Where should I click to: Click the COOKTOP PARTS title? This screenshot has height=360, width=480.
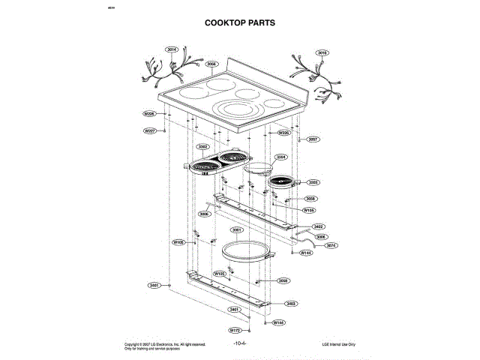tap(240, 22)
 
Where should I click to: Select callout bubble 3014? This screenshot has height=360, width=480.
tap(172, 49)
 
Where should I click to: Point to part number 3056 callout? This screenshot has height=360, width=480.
tap(211, 64)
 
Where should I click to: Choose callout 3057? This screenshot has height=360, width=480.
tap(313, 139)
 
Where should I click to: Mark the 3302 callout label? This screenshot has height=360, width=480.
tap(202, 147)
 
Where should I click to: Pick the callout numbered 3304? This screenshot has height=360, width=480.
tap(281, 157)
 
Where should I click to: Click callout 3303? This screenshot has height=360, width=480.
tap(313, 182)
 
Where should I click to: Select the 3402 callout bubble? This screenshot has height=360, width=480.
tap(318, 226)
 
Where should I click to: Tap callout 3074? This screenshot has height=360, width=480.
tap(331, 245)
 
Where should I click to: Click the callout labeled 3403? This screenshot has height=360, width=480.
tap(291, 303)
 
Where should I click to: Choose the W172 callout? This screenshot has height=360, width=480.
tap(234, 330)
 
